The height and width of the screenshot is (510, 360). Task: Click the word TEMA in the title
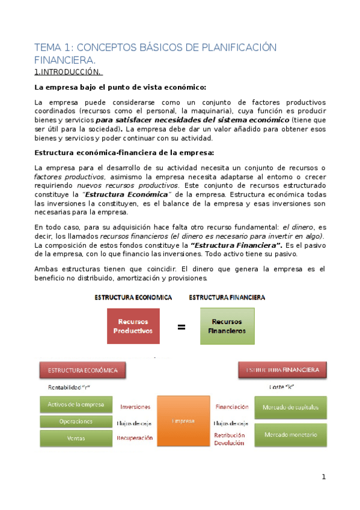coord(46,48)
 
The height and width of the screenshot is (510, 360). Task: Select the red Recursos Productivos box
coord(133,326)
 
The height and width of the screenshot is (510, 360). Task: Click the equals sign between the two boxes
coord(180,327)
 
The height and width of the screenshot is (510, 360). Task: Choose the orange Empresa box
coord(182,421)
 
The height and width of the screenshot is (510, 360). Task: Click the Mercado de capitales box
coord(290,408)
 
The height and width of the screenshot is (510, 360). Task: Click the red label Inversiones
coord(135,407)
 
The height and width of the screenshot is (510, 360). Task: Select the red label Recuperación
coord(135,438)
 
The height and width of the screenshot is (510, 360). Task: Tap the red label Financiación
coord(231,407)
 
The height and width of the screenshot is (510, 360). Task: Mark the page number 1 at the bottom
coord(323,477)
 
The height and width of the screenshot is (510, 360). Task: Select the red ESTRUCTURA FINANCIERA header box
coord(282,369)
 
